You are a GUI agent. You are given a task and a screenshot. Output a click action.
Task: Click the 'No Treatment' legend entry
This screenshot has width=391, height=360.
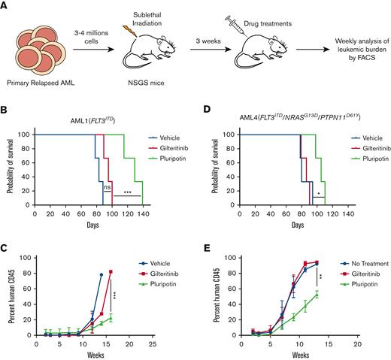click(x=347, y=263)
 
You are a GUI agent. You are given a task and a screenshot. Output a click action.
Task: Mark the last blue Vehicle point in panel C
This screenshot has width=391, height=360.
click(x=101, y=274)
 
